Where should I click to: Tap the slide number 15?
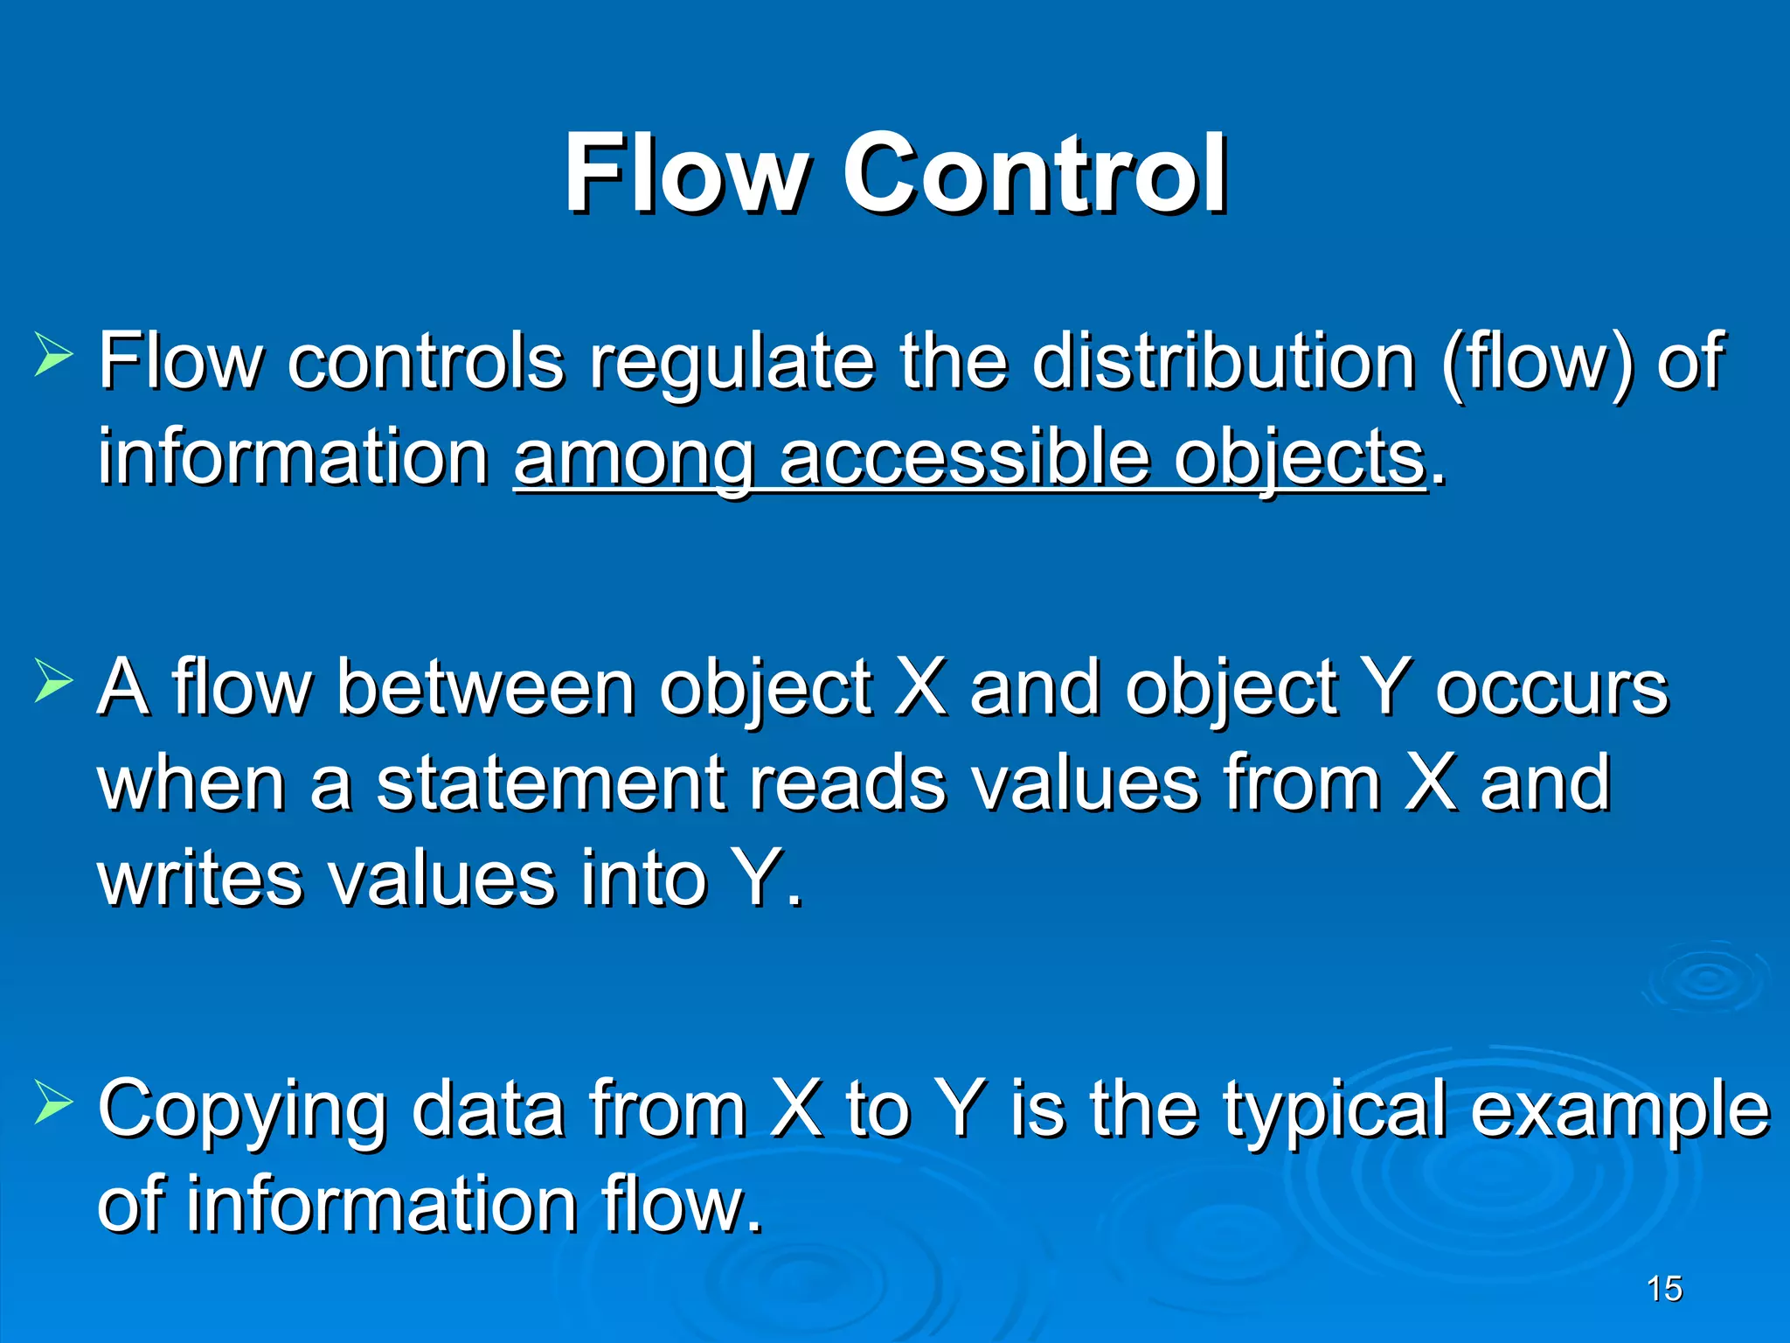[1663, 1289]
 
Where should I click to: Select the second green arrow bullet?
[53, 681]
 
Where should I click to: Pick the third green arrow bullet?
[53, 1101]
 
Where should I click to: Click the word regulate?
[732, 363]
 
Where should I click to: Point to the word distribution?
[1223, 361]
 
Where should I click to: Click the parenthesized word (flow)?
[1537, 363]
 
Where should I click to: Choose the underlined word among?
[634, 461]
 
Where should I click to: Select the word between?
[485, 688]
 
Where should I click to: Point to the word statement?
[550, 783]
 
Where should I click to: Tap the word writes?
[199, 879]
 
